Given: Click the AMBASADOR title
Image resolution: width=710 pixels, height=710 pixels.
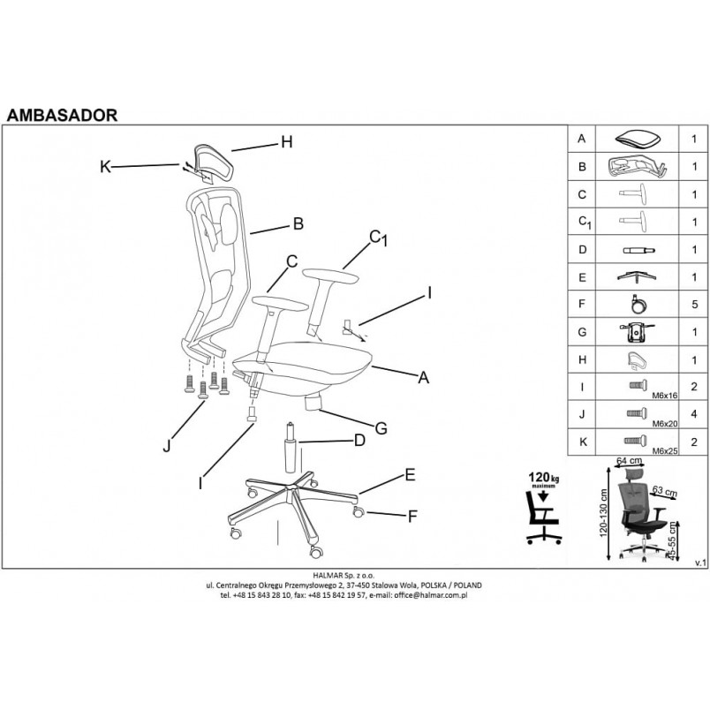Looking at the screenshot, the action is click(x=62, y=115).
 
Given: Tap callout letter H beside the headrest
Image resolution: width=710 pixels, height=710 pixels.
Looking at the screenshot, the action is click(x=287, y=142).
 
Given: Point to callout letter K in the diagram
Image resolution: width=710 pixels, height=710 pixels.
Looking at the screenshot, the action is click(x=105, y=167).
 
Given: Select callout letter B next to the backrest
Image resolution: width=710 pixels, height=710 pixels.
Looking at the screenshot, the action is click(x=298, y=223).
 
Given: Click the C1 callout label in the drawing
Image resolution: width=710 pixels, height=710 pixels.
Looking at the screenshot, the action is click(x=379, y=238).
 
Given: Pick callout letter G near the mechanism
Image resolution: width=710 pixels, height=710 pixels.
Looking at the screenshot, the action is click(x=381, y=428).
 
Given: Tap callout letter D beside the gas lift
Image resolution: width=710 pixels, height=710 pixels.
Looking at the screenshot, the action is click(x=359, y=440).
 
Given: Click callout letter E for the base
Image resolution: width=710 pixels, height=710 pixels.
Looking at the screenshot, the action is click(x=410, y=475).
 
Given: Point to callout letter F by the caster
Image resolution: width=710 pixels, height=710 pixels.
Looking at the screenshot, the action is click(x=412, y=517).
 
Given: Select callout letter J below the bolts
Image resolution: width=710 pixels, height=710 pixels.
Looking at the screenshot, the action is click(x=167, y=447).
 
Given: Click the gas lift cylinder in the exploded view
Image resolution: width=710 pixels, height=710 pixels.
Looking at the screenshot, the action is click(x=291, y=448).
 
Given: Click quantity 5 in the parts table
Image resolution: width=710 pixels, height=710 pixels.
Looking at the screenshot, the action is click(x=694, y=304).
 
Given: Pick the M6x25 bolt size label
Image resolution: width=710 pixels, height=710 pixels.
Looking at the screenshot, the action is click(x=665, y=451).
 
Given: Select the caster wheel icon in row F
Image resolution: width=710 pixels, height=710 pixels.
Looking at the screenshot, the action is click(x=637, y=305).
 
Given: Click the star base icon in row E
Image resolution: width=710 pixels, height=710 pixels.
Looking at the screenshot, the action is click(x=637, y=276).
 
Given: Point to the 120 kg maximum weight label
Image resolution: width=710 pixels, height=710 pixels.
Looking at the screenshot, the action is click(x=543, y=479).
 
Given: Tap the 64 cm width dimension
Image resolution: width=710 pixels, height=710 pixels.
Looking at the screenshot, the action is click(x=629, y=461).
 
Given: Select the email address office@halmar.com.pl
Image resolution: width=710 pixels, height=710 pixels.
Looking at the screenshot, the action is click(x=431, y=595).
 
